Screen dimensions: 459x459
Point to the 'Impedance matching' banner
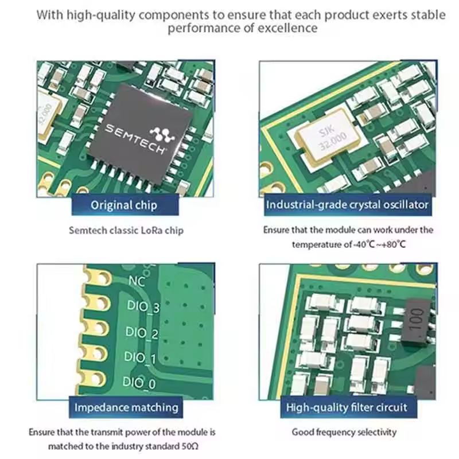126,407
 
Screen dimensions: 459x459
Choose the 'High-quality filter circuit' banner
346,407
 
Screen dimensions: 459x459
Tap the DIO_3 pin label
142,308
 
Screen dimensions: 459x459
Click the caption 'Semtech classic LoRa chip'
126,231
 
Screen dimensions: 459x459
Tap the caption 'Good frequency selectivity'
344,432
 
